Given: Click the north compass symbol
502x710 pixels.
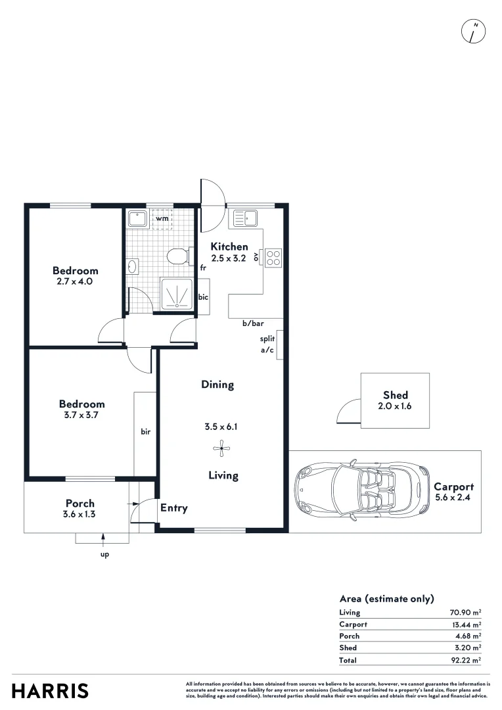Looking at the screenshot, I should (x=474, y=31).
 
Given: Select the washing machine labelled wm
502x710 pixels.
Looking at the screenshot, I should (x=162, y=218).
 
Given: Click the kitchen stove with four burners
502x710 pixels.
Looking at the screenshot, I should (x=273, y=257).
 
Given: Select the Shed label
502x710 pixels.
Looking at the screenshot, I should (x=396, y=395).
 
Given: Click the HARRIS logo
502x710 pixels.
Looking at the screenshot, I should (x=50, y=691).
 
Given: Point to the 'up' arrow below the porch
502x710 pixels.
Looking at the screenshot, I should (x=104, y=540).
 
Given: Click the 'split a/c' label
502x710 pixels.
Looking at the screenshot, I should (x=267, y=344).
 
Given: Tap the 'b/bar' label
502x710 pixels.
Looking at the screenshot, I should (x=252, y=323).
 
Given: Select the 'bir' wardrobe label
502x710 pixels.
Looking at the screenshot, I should (x=146, y=432).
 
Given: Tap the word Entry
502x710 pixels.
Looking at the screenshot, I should (x=174, y=508).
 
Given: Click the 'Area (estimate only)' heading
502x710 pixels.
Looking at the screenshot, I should (x=386, y=598).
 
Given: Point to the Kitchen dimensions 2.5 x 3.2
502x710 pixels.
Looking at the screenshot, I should (x=228, y=258).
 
